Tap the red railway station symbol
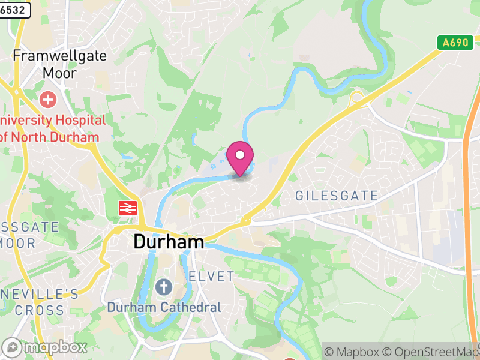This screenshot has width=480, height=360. coord(127,208)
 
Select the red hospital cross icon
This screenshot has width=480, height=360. coord(47,100)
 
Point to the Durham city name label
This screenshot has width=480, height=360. coord(169,242)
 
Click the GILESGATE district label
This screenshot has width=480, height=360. coord(337,196)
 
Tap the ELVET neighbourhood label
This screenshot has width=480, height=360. coord(211,277)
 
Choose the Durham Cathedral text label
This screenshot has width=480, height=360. coord(164,307)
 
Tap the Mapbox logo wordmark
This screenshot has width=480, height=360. coord(46,347)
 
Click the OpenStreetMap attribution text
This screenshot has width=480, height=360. coord(431,352)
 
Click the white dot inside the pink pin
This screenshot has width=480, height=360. coord(240,155)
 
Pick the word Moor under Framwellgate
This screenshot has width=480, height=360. coord(59,73)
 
